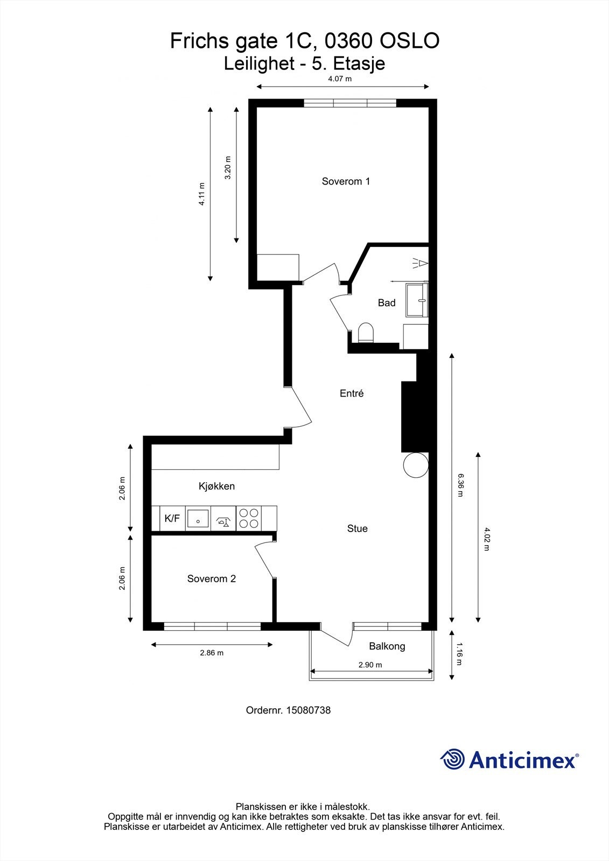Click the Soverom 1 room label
(346, 181)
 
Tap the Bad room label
(387, 303)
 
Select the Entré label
(352, 393)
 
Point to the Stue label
(358, 528)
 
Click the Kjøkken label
(216, 486)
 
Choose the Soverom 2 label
(212, 579)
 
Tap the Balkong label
(387, 646)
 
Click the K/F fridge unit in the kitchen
(172, 519)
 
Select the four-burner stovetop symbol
(249, 519)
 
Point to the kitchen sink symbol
(198, 519)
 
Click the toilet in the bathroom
(366, 333)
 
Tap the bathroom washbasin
(417, 300)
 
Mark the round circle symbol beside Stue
(416, 465)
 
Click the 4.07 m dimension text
(340, 79)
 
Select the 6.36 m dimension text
(461, 485)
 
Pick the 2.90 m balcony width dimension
(370, 665)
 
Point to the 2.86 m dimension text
(212, 653)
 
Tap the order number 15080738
(308, 710)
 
